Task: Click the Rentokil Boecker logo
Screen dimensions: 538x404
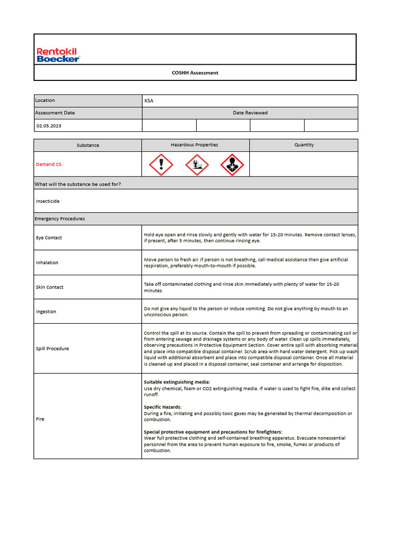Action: (58, 55)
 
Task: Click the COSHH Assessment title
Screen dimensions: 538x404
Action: (195, 73)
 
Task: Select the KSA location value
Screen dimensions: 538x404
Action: (149, 100)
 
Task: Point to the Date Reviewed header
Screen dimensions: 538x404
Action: (250, 113)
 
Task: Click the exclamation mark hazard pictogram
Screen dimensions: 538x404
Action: (161, 165)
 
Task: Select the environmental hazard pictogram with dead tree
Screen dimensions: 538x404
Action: (197, 165)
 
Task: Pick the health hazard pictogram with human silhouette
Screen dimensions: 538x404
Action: (232, 165)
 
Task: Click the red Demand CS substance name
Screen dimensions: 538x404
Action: (48, 164)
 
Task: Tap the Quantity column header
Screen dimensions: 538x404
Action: (304, 145)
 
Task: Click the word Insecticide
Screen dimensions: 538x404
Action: (48, 201)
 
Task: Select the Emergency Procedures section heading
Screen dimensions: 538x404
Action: (59, 219)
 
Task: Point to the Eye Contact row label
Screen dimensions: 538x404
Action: (49, 238)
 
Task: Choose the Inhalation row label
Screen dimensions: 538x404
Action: (47, 263)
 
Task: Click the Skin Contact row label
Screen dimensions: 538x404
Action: (49, 287)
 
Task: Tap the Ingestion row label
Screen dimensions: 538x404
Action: (46, 312)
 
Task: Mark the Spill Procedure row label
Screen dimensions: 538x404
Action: (52, 349)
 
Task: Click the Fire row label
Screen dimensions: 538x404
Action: (40, 419)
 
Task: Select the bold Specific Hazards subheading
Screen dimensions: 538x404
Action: (163, 407)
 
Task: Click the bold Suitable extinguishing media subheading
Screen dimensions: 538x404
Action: (177, 382)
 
